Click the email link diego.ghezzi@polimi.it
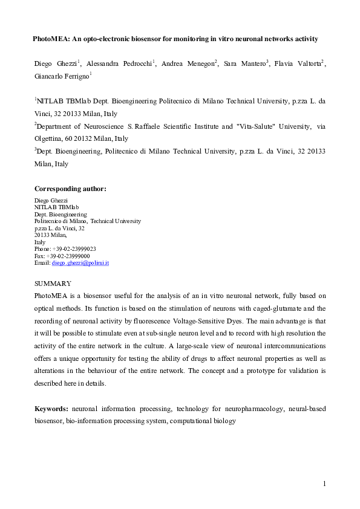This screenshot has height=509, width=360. pyautogui.click(x=80, y=263)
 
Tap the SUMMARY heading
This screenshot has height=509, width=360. pyautogui.click(x=53, y=284)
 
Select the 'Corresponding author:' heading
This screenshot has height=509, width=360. pyautogui.click(x=70, y=189)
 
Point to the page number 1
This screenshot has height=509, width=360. pyautogui.click(x=324, y=484)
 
